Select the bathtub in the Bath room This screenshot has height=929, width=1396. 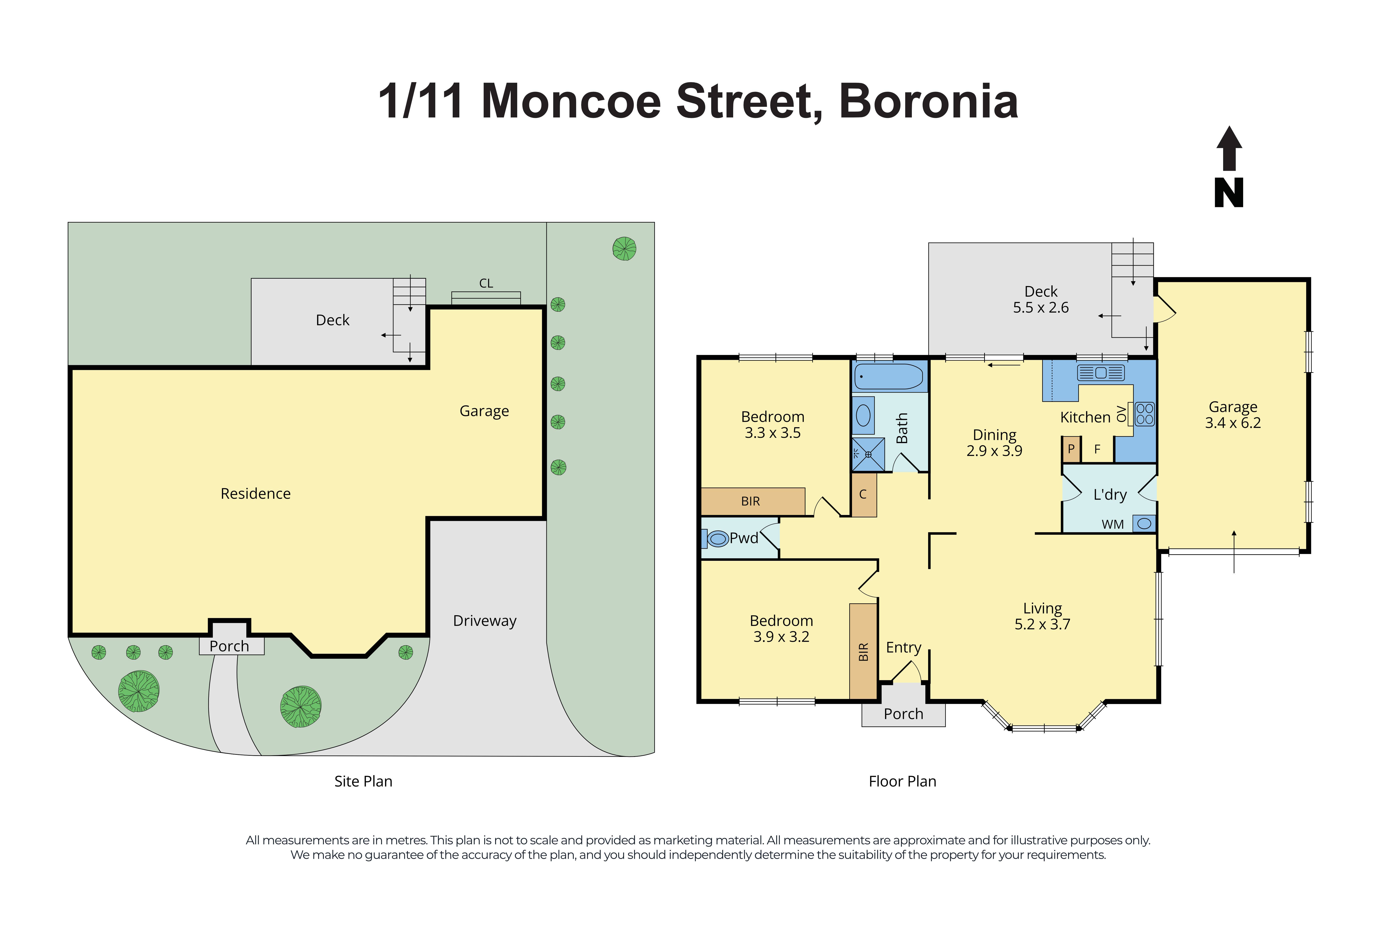click(889, 376)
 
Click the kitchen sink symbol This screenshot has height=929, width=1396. click(1100, 373)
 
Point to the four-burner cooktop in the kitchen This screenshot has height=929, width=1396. click(1144, 414)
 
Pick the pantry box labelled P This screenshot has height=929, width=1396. click(1071, 449)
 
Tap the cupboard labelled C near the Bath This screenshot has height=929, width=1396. click(863, 495)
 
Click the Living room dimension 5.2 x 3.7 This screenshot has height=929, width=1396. click(1042, 625)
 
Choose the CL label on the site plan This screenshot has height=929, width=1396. click(486, 283)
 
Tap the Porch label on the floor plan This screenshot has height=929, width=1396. click(903, 714)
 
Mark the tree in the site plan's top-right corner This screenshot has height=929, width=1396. click(624, 249)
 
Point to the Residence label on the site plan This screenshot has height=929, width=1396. click(255, 494)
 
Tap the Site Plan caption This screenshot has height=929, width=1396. click(363, 782)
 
